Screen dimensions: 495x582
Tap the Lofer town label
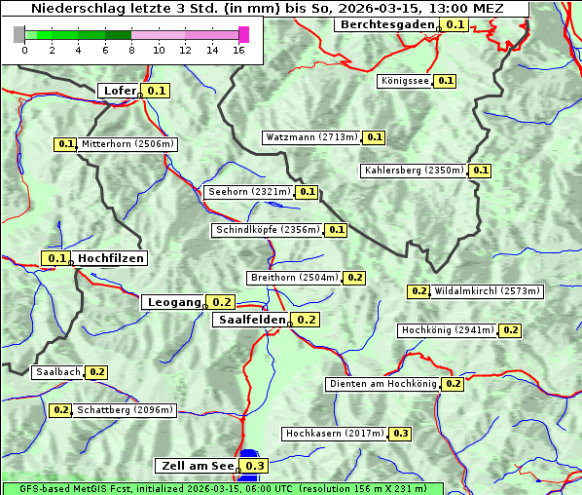click(119, 91)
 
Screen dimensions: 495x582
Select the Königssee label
click(405, 81)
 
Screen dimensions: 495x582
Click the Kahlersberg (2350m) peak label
click(414, 171)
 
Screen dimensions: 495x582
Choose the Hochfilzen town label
click(111, 258)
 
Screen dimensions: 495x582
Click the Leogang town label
click(174, 302)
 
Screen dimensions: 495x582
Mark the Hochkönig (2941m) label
click(448, 330)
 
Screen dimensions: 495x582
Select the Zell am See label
click(196, 466)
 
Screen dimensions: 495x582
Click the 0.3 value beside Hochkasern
click(401, 434)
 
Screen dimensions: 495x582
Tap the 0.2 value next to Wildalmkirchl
click(418, 291)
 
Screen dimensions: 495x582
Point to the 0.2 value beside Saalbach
click(96, 372)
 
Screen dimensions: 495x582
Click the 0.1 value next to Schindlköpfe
click(336, 230)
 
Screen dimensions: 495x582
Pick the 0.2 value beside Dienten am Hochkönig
click(453, 384)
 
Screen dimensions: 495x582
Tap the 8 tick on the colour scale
click(131, 50)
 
